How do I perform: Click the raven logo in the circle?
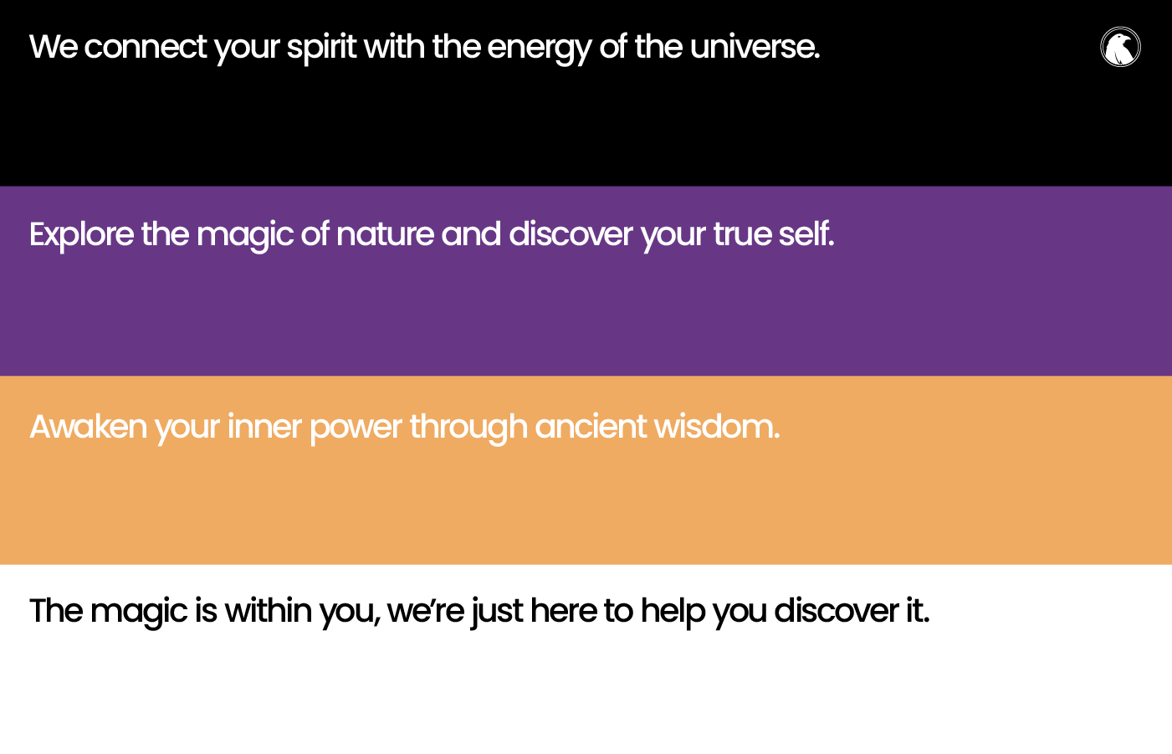pyautogui.click(x=1120, y=47)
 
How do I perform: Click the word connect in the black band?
pyautogui.click(x=146, y=47)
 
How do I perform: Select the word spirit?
pyautogui.click(x=321, y=49)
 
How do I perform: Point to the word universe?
pyautogui.click(x=755, y=47)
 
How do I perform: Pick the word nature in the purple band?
pyautogui.click(x=385, y=235)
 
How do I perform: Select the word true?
pyautogui.click(x=741, y=234)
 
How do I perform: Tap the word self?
pyautogui.click(x=806, y=233)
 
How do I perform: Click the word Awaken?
pyautogui.click(x=89, y=427)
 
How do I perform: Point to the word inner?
pyautogui.click(x=264, y=427)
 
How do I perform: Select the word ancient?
pyautogui.click(x=591, y=427)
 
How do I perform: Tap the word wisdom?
pyautogui.click(x=717, y=427)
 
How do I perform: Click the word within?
pyautogui.click(x=269, y=611)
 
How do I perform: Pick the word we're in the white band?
pyautogui.click(x=425, y=612)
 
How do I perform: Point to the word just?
pyautogui.click(x=497, y=613)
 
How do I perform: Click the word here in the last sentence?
pyautogui.click(x=564, y=611)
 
